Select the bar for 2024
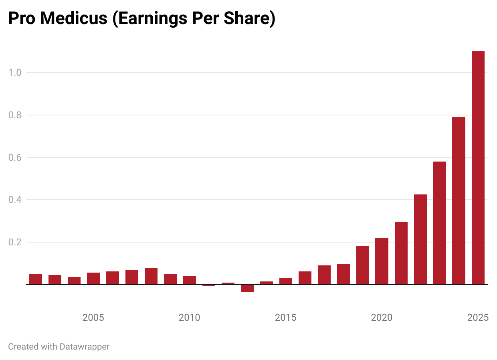459,200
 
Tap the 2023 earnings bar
439,223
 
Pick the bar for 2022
420,239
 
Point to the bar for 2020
382,261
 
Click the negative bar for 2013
247,288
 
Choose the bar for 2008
151,276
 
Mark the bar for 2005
93,279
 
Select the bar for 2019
362,265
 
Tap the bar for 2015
286,281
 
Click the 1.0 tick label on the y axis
15,73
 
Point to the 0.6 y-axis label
15,158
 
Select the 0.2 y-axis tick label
15,242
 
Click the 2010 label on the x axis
189,318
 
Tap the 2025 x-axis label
478,318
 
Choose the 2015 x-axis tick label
285,318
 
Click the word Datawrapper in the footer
84,346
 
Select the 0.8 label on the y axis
15,115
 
